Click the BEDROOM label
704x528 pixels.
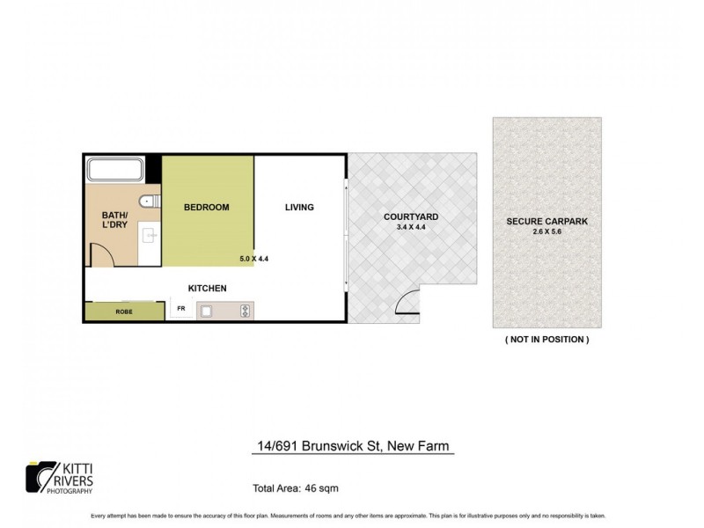tap(206, 208)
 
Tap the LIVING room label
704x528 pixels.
tap(299, 208)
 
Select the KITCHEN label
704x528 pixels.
tap(209, 288)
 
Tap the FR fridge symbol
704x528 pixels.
tap(181, 309)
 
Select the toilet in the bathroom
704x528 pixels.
tap(151, 202)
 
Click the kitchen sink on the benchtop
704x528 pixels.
tap(210, 310)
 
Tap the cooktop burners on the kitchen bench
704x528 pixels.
tap(245, 310)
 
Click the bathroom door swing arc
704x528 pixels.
tap(99, 257)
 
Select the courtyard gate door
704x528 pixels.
tap(407, 304)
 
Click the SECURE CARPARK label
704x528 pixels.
tap(546, 220)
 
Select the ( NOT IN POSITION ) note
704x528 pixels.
tap(546, 339)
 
